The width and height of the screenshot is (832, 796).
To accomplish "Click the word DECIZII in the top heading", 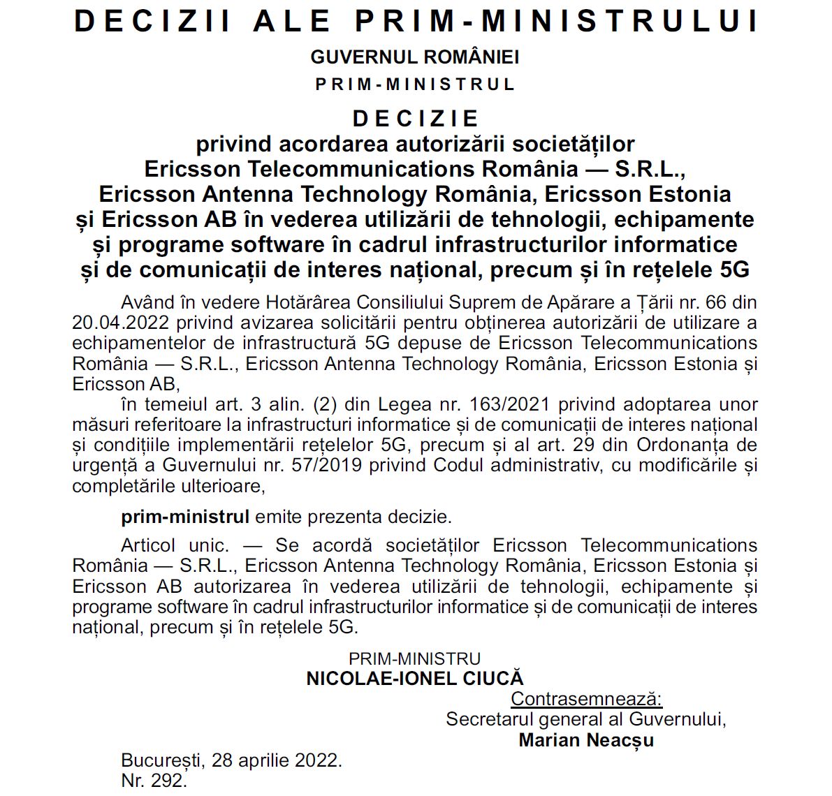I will pyautogui.click(x=153, y=21).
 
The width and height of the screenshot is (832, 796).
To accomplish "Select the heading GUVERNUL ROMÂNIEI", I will pyautogui.click(x=415, y=57).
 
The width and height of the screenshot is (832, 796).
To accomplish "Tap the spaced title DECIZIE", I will pyautogui.click(x=416, y=118).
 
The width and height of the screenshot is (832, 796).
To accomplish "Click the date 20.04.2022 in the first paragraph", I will pyautogui.click(x=120, y=323).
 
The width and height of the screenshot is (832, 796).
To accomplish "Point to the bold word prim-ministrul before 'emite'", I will pyautogui.click(x=185, y=517).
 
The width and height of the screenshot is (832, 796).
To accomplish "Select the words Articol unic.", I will pyautogui.click(x=175, y=545).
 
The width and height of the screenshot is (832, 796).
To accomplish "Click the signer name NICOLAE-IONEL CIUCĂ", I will pyautogui.click(x=415, y=679).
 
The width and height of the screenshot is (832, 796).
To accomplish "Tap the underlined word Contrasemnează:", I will pyautogui.click(x=586, y=699).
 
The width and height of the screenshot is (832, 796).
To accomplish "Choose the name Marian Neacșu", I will pyautogui.click(x=586, y=740).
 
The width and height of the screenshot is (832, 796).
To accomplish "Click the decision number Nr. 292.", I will pyautogui.click(x=154, y=781).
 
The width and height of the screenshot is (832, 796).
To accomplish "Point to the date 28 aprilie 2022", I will pyautogui.click(x=277, y=760).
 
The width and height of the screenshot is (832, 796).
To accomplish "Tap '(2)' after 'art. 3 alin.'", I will pyautogui.click(x=328, y=404).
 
